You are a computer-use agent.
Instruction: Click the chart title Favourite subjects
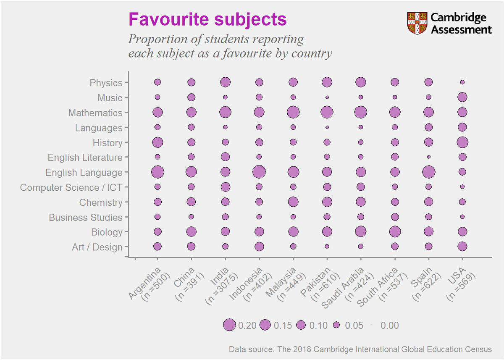(207, 19)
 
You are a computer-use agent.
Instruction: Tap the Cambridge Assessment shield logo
(417, 24)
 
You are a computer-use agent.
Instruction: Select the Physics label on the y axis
(106, 83)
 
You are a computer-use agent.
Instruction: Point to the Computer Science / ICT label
(71, 187)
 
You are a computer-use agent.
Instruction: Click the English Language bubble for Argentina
(157, 172)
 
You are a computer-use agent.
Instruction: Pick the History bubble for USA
(462, 142)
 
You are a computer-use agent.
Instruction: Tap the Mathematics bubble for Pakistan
(327, 112)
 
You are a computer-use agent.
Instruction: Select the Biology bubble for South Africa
(395, 231)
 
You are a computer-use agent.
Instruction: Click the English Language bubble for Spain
(429, 172)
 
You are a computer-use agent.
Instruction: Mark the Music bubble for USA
(462, 97)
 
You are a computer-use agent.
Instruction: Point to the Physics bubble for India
(225, 82)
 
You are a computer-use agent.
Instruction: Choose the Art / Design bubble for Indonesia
(259, 247)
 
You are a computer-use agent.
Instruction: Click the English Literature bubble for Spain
(429, 157)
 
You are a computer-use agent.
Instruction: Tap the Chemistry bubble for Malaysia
(293, 202)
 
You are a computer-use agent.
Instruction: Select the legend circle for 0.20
(229, 325)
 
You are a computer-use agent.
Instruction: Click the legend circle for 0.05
(336, 325)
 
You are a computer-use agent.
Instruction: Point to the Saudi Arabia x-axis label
(348, 289)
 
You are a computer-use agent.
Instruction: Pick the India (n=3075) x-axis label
(222, 285)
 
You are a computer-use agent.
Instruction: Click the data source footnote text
(360, 349)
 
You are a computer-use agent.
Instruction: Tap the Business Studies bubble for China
(191, 217)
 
